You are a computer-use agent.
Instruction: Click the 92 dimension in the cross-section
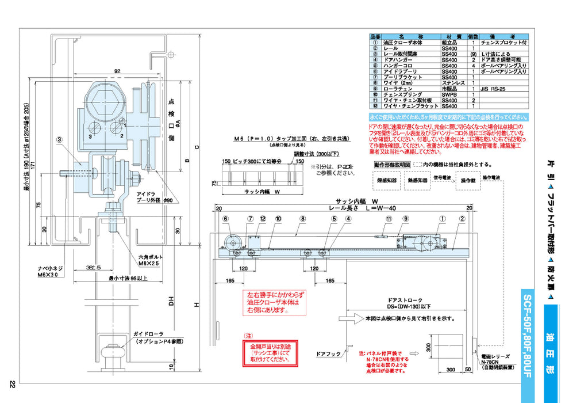pos(117,71)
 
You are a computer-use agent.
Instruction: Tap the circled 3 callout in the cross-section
pos(59,139)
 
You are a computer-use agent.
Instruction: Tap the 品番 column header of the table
pos(376,35)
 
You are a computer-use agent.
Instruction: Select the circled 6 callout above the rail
pos(226,219)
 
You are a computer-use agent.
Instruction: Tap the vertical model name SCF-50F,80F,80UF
pos(528,333)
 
